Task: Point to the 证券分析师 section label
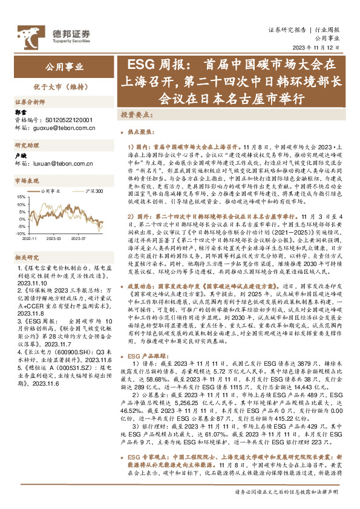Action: pos(30,102)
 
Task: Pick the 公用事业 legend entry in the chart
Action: pos(51,192)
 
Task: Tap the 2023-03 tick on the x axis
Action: pos(56,239)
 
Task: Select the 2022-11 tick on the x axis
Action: pos(30,239)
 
